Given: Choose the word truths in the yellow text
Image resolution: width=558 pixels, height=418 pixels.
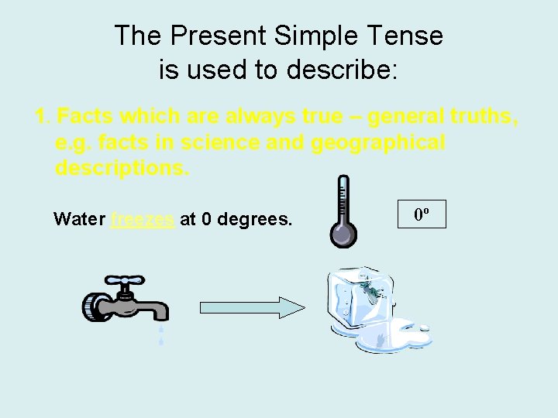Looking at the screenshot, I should click(475, 117).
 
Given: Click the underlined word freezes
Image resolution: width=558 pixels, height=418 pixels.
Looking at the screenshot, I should click(143, 219).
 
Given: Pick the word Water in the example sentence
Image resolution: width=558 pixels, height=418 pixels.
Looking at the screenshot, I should click(79, 219).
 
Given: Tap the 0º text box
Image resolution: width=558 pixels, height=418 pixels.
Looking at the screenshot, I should click(422, 214).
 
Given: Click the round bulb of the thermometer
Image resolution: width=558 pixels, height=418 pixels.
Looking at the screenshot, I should click(343, 235).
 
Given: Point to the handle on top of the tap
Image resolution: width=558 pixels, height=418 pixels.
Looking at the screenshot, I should click(123, 281).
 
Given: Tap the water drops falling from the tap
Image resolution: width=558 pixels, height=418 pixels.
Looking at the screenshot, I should click(161, 334).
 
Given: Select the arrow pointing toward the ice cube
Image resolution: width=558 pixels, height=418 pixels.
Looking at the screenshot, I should click(253, 307).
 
